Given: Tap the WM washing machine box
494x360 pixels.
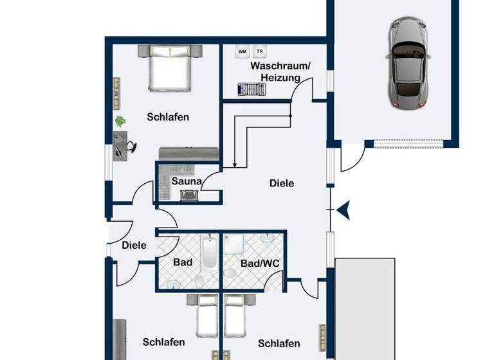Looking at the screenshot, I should point(242,51).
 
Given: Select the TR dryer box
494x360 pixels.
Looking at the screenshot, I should point(260,51).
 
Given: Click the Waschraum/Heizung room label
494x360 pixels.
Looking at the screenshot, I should point(280,72).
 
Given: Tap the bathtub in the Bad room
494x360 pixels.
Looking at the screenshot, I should point(209,255).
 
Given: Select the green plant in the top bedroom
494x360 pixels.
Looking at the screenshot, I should point(120,121).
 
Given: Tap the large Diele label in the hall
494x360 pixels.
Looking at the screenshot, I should point(282,183).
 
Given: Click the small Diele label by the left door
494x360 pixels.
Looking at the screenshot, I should point(134,245).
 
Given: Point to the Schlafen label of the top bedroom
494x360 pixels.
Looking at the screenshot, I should point(167,117).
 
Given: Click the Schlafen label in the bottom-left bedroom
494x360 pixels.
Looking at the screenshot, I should point(163,342).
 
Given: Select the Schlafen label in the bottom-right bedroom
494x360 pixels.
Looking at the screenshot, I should point(279,343).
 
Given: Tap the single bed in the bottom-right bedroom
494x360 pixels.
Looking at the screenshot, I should point(235,316).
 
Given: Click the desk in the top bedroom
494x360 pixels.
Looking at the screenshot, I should point(120,145).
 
